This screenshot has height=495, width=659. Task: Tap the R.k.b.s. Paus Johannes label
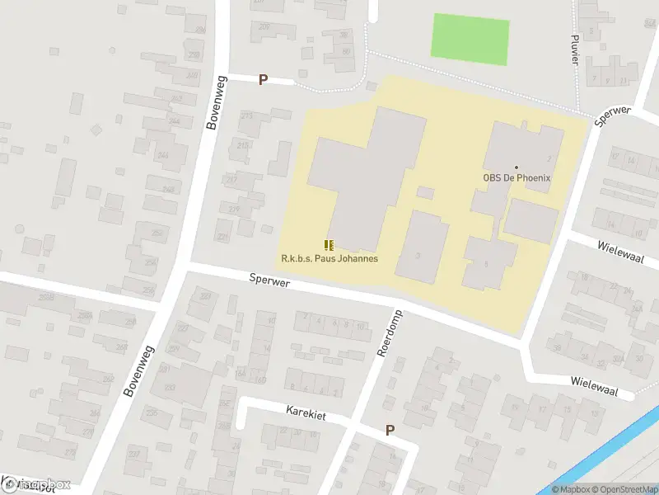pos(329,258)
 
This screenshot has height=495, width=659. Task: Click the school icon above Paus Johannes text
pos(329,245)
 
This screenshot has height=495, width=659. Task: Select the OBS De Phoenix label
pos(516,177)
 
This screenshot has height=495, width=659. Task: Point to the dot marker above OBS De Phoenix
pos(516,167)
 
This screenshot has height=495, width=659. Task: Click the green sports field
pos(470,39)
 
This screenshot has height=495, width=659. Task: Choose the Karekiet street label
pos(306,413)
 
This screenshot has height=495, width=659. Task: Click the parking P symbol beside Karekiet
pos(390,430)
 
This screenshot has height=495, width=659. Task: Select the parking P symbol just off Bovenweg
pos(264,80)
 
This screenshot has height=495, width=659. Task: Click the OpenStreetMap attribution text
pos(626,489)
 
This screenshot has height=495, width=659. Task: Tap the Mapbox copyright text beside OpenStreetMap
pos(572,489)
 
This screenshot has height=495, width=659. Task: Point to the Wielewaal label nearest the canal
pos(593,383)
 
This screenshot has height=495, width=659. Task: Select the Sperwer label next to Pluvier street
pos(612,115)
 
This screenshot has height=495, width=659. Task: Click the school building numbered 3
pos(423,246)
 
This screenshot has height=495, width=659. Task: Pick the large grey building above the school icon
pos(367,177)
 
